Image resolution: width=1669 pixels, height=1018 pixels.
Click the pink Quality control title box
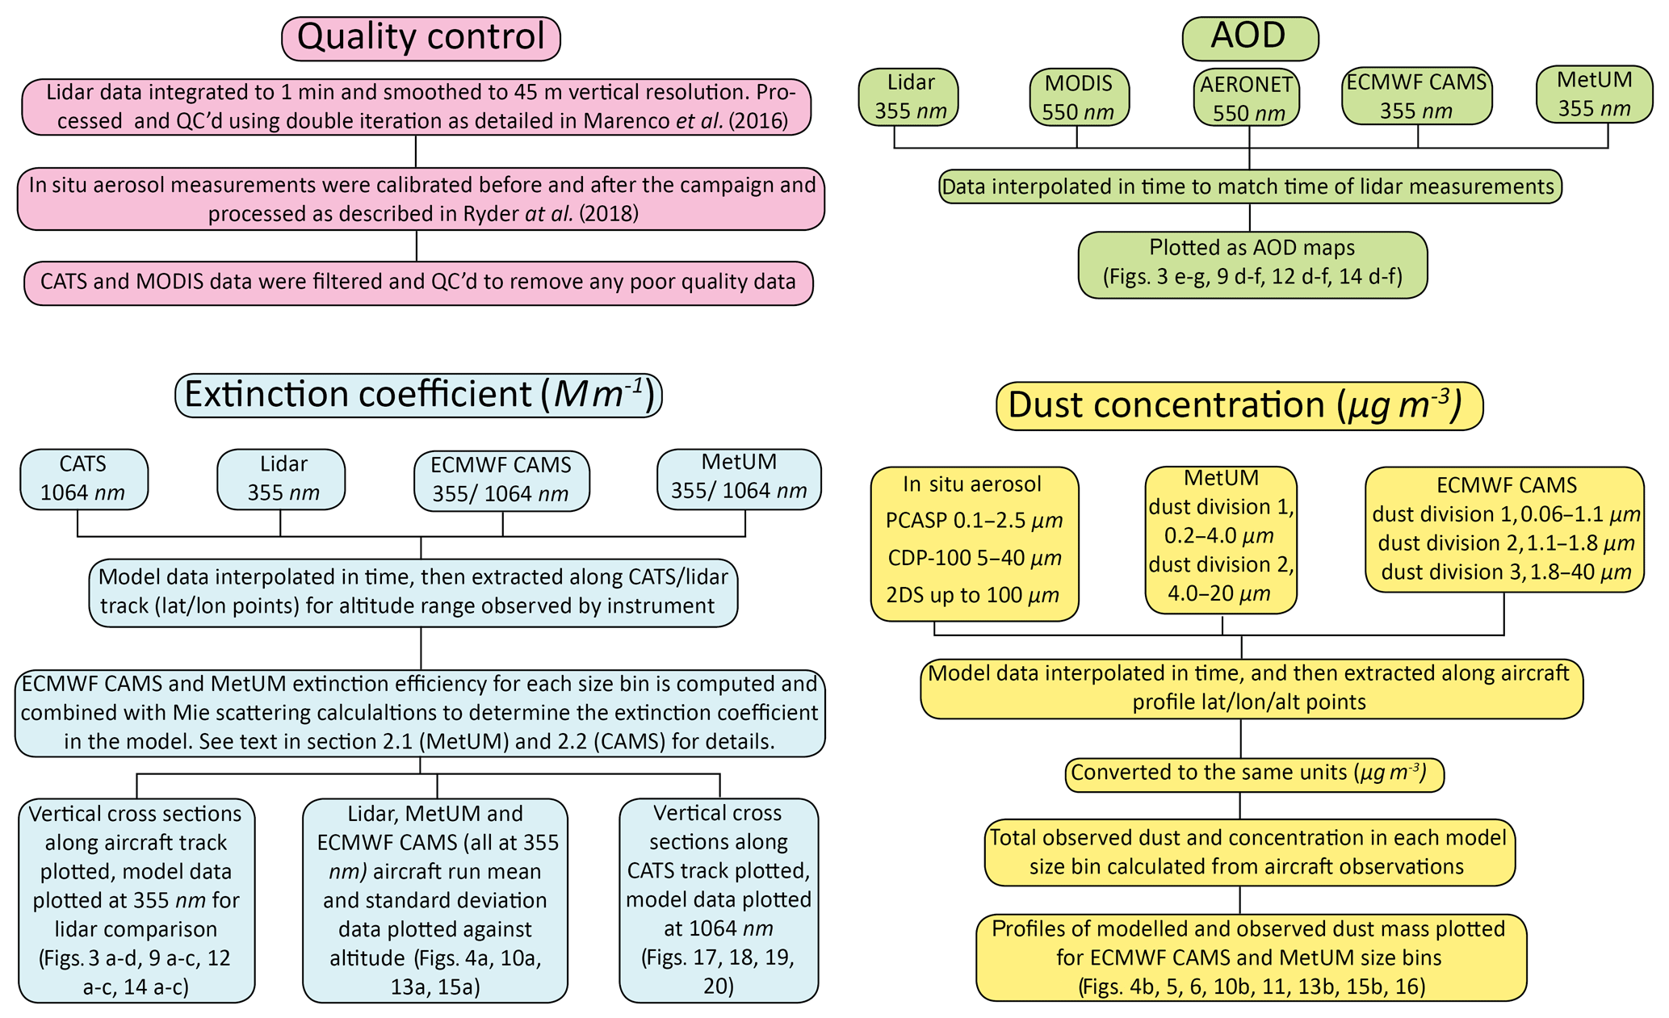(421, 38)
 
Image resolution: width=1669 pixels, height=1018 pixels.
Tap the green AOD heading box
(1249, 37)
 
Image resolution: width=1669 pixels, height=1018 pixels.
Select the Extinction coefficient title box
(418, 395)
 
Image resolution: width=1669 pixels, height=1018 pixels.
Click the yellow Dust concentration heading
(1239, 405)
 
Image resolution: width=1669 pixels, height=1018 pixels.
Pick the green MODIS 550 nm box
(1078, 97)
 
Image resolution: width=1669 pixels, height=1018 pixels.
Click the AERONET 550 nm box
(1246, 98)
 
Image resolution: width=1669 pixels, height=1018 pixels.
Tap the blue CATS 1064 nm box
(83, 479)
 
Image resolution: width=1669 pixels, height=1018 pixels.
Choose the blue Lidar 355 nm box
(282, 479)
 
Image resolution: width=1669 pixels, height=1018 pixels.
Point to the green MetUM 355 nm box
(1593, 94)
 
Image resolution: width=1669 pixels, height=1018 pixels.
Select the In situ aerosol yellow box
(974, 543)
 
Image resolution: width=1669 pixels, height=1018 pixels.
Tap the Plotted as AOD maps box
(1252, 264)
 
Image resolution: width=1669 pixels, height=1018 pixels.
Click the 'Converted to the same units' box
(1253, 773)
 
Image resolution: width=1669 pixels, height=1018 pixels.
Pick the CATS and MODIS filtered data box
(417, 283)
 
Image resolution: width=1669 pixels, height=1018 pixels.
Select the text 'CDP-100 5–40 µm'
(974, 558)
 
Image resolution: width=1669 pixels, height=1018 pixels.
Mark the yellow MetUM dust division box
(1220, 539)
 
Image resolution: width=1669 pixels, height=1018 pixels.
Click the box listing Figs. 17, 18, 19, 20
(718, 900)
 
